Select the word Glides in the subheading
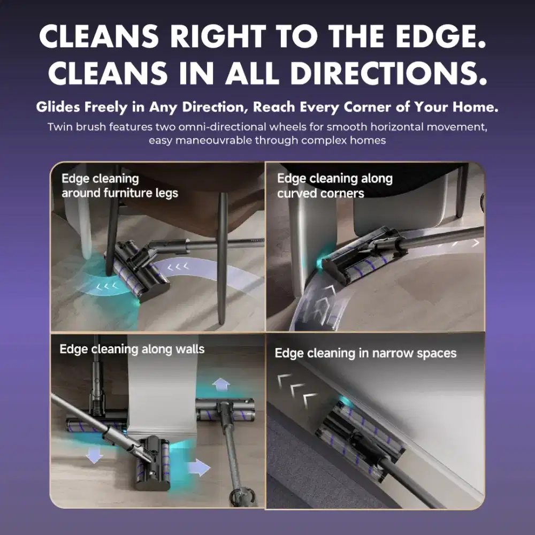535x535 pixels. tap(58, 107)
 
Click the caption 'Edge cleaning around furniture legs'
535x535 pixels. tap(120, 186)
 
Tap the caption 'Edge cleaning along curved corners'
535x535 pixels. tap(335, 186)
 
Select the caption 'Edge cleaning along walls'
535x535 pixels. tap(132, 349)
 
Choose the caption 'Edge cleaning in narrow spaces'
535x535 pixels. tap(365, 353)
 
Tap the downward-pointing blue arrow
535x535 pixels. tap(94, 455)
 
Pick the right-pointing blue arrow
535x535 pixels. tap(199, 467)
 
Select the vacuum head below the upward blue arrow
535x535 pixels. tap(225, 409)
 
